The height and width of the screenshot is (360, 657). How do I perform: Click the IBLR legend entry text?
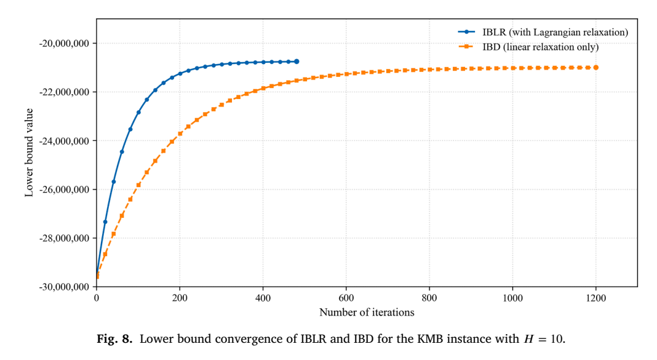point(555,32)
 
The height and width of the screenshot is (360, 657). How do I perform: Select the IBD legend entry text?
point(541,47)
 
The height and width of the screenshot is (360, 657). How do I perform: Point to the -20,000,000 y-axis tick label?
point(64,44)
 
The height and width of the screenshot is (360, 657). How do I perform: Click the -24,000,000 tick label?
point(64,141)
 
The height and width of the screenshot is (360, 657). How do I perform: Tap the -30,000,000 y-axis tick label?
point(64,287)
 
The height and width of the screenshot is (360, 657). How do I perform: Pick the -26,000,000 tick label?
point(64,190)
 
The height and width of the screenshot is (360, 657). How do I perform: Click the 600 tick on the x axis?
point(346,298)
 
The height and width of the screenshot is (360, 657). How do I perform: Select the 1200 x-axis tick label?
point(596,298)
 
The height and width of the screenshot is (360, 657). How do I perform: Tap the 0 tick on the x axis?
point(97,298)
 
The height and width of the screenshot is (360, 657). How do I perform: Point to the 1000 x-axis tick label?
point(512,298)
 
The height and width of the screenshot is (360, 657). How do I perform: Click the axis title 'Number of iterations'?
point(367,312)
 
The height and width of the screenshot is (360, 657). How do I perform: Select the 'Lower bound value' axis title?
point(29,153)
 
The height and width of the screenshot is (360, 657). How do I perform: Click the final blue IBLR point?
point(297,62)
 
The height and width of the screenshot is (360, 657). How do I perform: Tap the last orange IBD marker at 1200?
point(596,68)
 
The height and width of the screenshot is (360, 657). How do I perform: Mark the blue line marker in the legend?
point(466,32)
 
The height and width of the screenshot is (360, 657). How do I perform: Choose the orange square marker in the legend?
point(466,47)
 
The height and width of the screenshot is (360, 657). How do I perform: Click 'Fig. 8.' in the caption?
point(114,338)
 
